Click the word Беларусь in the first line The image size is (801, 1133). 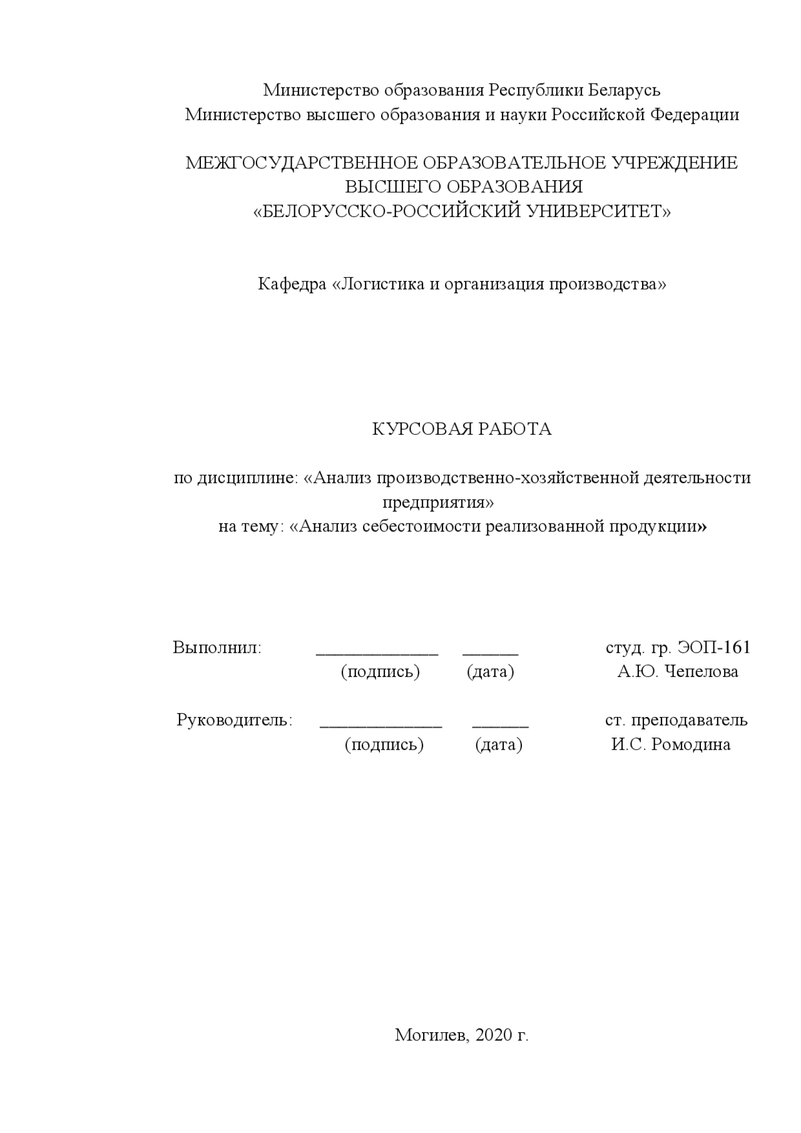pos(623,91)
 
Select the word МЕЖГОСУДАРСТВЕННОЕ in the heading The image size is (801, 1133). pos(302,163)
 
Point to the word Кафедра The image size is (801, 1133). pos(292,285)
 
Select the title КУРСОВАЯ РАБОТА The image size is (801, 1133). pos(462,429)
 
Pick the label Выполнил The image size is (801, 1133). pos(217,648)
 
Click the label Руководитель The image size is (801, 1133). pos(234,720)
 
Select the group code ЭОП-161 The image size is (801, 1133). pos(713,648)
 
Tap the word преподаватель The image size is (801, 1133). pos(689,720)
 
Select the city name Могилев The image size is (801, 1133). pos(432,1035)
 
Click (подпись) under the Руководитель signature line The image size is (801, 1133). pos(384,745)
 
